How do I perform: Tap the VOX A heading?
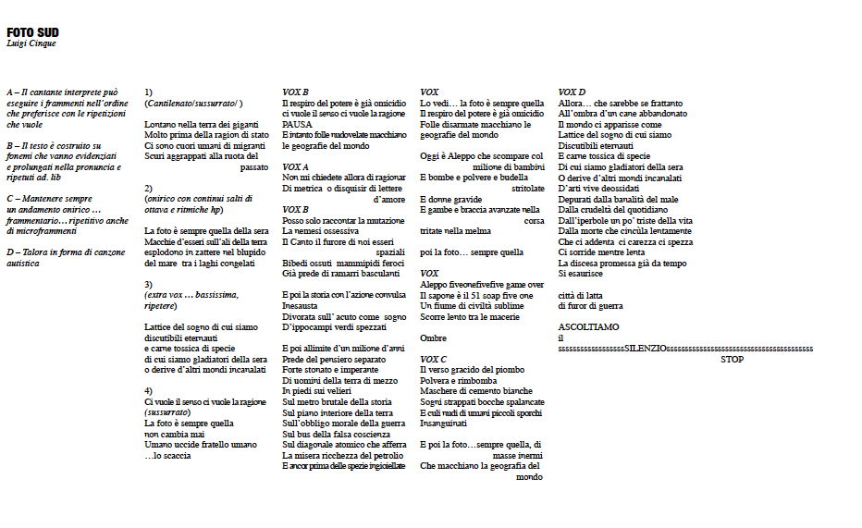coord(296,166)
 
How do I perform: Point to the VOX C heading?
coord(433,359)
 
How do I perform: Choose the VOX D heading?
coord(572,92)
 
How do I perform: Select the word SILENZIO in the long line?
coord(645,349)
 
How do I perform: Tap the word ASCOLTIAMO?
coord(589,327)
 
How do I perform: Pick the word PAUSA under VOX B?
coord(297,125)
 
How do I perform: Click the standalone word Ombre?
coord(433,338)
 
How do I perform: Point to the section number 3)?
coord(149,285)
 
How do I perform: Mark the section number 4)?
coord(149,391)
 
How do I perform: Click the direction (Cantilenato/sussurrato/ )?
coord(193,104)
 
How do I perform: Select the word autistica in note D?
coord(24,264)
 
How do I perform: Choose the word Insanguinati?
coord(443,424)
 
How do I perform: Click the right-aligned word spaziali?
coord(390,252)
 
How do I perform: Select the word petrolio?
coord(387,456)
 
